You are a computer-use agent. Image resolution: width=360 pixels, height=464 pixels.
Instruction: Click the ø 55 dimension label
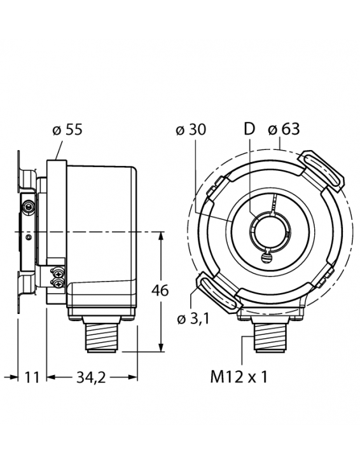[x=67, y=130]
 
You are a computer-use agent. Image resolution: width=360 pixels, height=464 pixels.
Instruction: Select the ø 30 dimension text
[x=190, y=130]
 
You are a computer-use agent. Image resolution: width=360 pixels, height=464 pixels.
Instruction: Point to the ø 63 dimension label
[x=283, y=130]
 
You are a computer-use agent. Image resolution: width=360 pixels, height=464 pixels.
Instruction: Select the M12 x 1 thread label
[x=239, y=377]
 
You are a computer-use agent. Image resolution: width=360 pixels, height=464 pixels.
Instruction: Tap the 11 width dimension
[x=32, y=378]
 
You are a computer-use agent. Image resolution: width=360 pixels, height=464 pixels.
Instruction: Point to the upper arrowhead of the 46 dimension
[x=160, y=236]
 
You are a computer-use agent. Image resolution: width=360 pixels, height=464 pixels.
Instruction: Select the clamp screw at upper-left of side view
[x=27, y=207]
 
